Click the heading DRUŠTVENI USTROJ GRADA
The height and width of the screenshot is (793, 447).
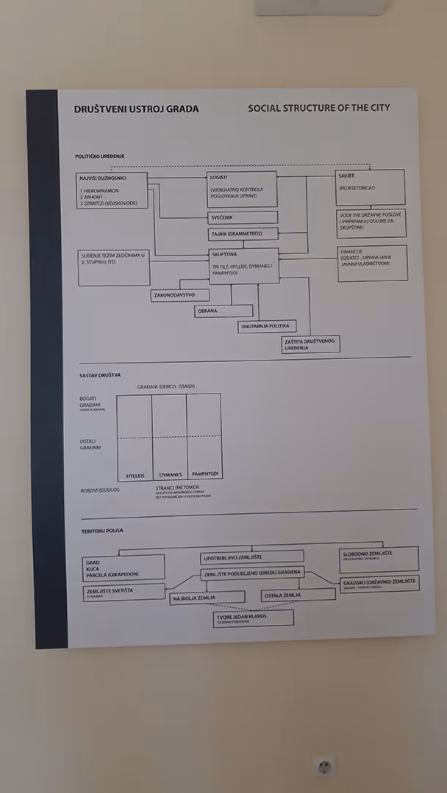(136, 109)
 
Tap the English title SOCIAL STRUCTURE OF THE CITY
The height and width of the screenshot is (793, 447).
(318, 108)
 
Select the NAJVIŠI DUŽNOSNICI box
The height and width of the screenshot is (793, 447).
(112, 190)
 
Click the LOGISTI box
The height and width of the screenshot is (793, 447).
(243, 189)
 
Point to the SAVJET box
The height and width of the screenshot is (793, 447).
(370, 187)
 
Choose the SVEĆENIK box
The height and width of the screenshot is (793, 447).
(243, 217)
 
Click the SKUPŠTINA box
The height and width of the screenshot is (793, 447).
(243, 266)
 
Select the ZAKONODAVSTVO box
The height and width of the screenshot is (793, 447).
(179, 295)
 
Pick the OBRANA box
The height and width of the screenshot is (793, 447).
(223, 311)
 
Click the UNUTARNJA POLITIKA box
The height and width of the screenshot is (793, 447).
(266, 326)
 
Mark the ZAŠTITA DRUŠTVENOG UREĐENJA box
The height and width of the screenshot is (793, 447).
(310, 344)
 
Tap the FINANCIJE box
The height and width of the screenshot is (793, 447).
(372, 263)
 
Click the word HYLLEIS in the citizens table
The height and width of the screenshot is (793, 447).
(135, 475)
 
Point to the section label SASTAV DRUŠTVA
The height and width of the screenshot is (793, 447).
(100, 374)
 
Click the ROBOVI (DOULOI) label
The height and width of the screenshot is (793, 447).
(100, 490)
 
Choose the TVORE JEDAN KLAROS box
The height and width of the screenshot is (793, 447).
(253, 618)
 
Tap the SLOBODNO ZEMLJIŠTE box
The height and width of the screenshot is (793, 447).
(379, 559)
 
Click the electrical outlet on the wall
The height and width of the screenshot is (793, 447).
(323, 767)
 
